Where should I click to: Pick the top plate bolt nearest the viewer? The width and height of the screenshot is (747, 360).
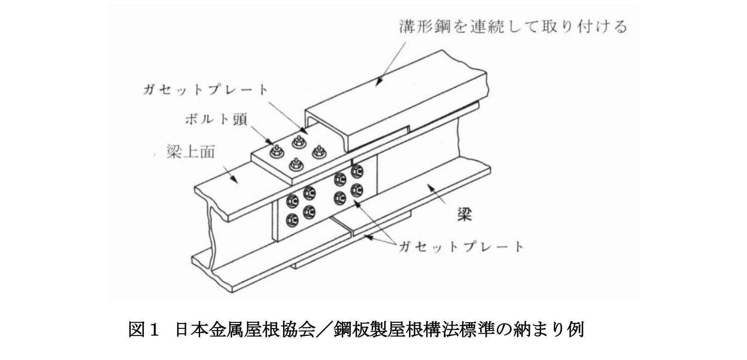click(x=295, y=163)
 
